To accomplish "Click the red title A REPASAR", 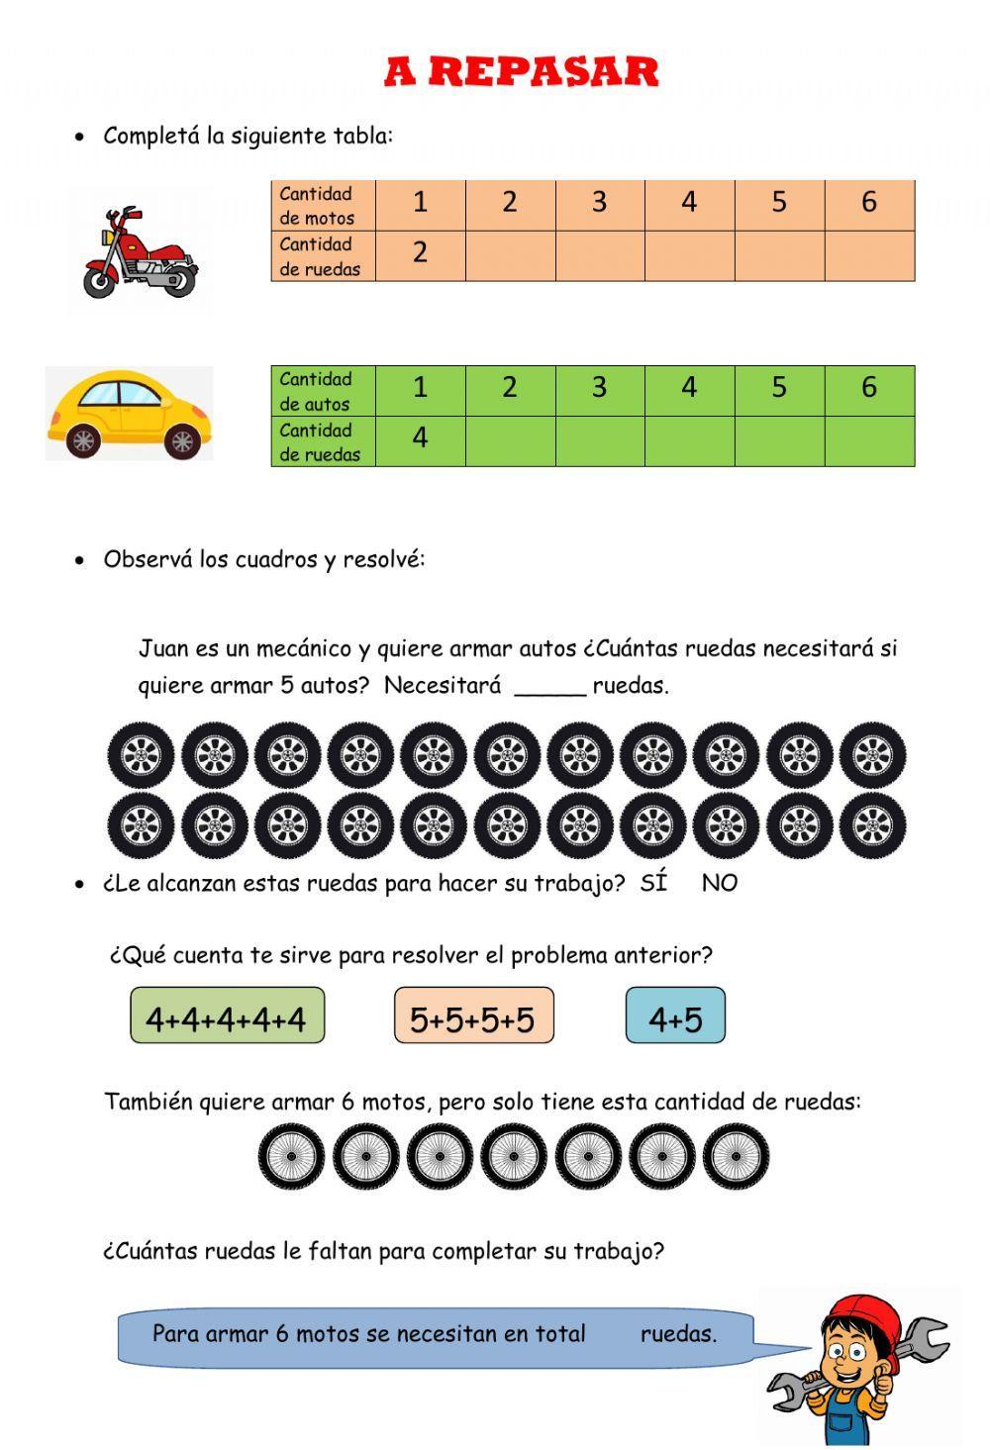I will (522, 72).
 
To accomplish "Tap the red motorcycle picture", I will (140, 253).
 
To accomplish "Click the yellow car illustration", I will (130, 413).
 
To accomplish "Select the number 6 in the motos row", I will (868, 203).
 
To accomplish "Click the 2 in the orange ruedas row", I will (420, 253).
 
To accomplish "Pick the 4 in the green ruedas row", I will (420, 437).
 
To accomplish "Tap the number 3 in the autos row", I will (599, 387).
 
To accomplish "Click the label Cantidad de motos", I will (317, 205).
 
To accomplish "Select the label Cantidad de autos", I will (315, 391).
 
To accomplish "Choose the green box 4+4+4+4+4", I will (227, 1016).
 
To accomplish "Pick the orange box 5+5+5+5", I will (473, 1016).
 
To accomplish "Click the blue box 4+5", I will (675, 1016).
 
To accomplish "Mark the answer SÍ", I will (653, 883).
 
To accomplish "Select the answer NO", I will (719, 883).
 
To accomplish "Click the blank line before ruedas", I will (549, 687).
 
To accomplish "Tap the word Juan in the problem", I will (162, 649).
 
